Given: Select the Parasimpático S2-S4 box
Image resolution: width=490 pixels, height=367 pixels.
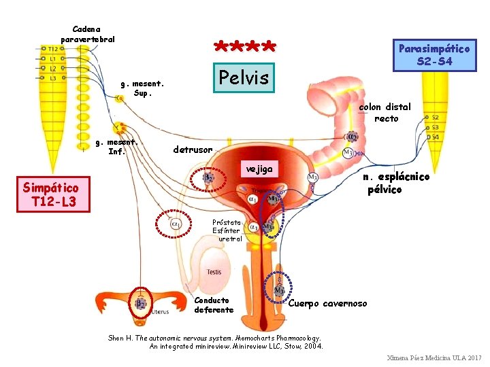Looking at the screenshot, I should pos(434,55).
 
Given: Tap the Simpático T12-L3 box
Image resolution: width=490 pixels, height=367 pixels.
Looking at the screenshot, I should pos(50,195).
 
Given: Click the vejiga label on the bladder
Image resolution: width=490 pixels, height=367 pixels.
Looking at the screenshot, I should pos(259,169).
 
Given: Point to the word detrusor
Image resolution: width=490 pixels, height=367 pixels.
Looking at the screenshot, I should pos(193,149).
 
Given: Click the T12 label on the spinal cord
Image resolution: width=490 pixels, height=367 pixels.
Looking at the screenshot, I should pos(53,49).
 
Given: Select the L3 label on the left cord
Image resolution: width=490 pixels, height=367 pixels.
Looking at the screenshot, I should pos(53,78).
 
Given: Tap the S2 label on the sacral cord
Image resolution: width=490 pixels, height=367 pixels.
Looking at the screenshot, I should pos(435,118).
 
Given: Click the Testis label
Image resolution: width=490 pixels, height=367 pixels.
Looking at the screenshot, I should pos(214,272).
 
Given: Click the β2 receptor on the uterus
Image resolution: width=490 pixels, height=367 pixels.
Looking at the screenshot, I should pos(140,304).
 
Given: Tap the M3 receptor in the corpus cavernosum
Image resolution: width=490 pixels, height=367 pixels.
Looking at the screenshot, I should pos(279,290).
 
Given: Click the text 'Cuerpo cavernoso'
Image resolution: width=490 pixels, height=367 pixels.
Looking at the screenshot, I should pos(327,303).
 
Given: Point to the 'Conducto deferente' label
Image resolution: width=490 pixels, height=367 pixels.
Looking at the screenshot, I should pos(214,304).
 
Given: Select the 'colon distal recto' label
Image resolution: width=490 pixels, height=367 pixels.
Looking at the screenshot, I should pos(385,112).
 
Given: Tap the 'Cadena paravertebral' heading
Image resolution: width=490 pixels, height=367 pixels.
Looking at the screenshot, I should pos(87,33).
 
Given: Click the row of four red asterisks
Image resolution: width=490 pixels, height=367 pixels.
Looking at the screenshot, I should pos(244,47).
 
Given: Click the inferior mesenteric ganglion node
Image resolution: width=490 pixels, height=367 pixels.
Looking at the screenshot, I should pos(120,127).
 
